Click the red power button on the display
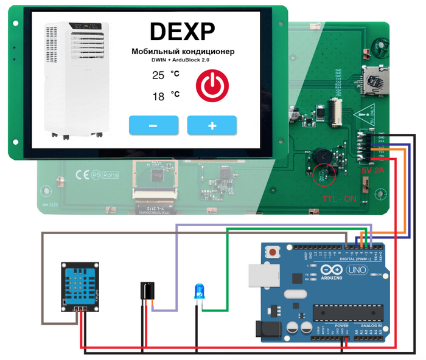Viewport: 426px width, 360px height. pos(212,85)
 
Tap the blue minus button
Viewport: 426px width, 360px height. pos(153,125)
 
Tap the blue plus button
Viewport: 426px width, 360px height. pos(212,125)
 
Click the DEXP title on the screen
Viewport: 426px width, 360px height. pos(183,31)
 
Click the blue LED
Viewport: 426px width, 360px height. pos(198,291)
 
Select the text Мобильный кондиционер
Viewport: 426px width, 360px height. pos(183,52)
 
